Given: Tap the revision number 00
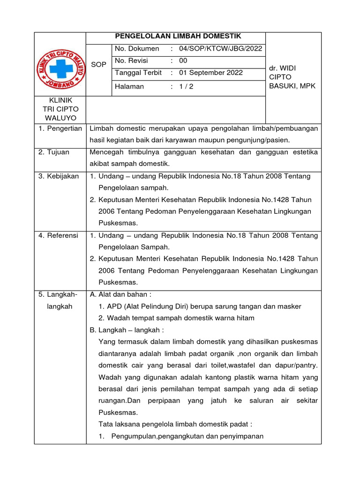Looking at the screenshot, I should (183, 60).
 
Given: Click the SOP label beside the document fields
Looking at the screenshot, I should (98, 64).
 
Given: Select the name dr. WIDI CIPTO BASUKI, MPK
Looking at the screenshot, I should (292, 77).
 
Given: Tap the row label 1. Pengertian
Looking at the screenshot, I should (60, 128).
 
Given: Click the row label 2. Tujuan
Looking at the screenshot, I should (54, 152).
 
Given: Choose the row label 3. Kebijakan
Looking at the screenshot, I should (59, 176).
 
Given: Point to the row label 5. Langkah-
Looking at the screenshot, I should (58, 294).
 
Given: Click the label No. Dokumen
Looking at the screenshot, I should (137, 49).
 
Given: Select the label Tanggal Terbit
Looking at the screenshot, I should (138, 73).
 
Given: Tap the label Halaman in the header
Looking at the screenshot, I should (129, 87).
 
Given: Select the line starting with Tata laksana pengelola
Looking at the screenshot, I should (175, 424).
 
